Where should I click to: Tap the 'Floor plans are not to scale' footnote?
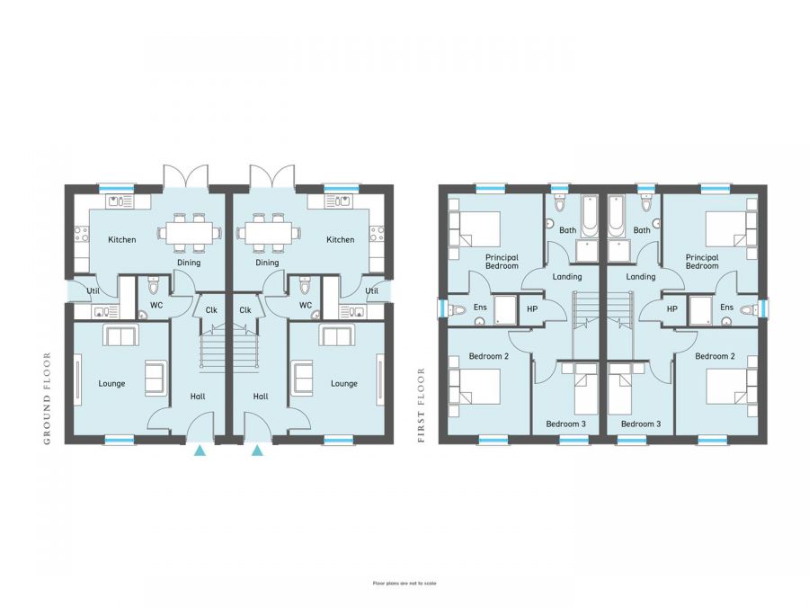click(x=404, y=583)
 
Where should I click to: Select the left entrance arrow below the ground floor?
click(x=199, y=449)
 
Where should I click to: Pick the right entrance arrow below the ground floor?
click(x=258, y=449)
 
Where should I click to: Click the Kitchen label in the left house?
click(x=122, y=240)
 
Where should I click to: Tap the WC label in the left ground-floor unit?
click(x=156, y=306)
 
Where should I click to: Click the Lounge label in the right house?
click(x=343, y=383)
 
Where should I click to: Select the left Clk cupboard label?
click(x=211, y=310)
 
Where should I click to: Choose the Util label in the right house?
click(x=371, y=290)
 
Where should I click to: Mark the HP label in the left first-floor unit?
click(x=531, y=308)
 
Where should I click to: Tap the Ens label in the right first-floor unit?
click(x=725, y=308)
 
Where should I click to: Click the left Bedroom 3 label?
click(x=565, y=424)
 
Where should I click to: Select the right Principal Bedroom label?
click(x=701, y=261)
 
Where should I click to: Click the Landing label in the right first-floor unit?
click(x=640, y=277)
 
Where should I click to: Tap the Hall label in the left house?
click(x=198, y=396)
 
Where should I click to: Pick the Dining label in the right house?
click(x=267, y=263)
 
